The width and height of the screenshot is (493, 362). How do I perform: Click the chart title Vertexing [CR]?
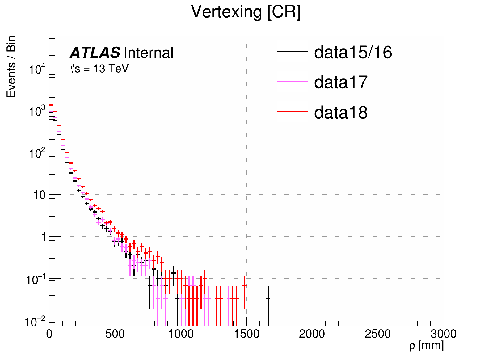pyautogui.click(x=246, y=12)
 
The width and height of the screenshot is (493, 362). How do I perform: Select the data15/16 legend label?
pyautogui.click(x=353, y=52)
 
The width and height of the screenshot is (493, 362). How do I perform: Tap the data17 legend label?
pyautogui.click(x=341, y=82)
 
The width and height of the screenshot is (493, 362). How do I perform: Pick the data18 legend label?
pyautogui.click(x=341, y=112)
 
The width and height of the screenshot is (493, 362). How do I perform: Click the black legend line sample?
pyautogui.click(x=293, y=51)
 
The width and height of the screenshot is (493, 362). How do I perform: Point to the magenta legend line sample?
pyautogui.click(x=293, y=81)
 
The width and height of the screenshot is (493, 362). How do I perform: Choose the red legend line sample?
pyautogui.click(x=293, y=111)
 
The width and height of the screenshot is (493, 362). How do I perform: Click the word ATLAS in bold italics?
pyautogui.click(x=95, y=53)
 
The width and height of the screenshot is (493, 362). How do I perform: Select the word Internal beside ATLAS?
pyautogui.click(x=149, y=53)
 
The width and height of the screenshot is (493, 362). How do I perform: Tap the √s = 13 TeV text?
pyautogui.click(x=99, y=69)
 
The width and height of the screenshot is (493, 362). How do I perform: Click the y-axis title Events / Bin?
pyautogui.click(x=11, y=67)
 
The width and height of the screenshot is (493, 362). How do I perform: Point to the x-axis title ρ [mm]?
pyautogui.click(x=426, y=345)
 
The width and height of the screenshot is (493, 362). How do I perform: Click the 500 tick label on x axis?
pyautogui.click(x=115, y=334)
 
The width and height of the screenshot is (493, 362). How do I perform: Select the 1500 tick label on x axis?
pyautogui.click(x=246, y=334)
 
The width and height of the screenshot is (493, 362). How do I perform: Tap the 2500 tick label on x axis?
pyautogui.click(x=378, y=334)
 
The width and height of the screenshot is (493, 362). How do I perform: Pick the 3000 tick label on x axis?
pyautogui.click(x=443, y=334)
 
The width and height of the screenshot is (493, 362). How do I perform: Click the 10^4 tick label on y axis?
pyautogui.click(x=37, y=69)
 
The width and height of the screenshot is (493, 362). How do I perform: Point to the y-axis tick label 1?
pyautogui.click(x=44, y=237)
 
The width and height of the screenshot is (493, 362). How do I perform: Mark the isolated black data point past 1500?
pyautogui.click(x=268, y=298)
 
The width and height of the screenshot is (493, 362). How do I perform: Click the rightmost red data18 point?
pyautogui.click(x=244, y=286)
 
